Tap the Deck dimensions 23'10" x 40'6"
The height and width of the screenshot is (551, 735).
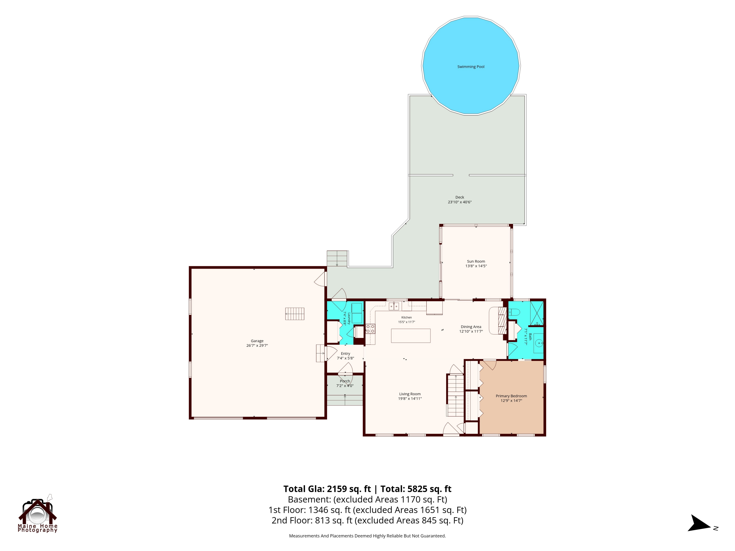click(460, 202)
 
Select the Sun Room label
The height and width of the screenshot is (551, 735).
click(476, 261)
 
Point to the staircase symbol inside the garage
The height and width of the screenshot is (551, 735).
click(295, 314)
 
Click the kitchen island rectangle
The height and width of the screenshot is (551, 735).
click(411, 335)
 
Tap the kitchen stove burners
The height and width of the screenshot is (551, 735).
click(370, 329)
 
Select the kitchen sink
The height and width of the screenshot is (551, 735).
click(394, 306)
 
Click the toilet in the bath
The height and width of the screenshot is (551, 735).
click(514, 312)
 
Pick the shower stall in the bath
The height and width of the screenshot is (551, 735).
click(537, 313)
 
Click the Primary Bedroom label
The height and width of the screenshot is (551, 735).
click(511, 396)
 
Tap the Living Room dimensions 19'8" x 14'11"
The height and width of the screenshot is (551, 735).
click(410, 398)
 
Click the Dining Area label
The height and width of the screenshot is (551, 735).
click(471, 327)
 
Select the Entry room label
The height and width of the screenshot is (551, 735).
click(345, 354)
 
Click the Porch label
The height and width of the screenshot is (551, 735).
click(345, 381)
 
